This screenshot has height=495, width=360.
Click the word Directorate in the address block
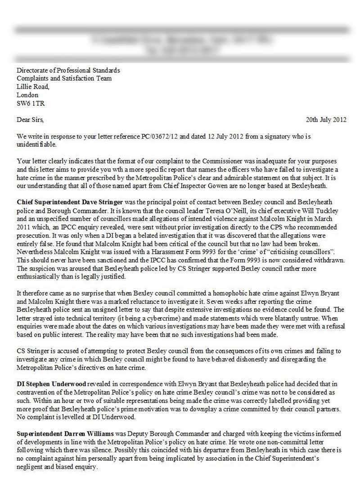point(33,70)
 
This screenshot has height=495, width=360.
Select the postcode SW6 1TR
point(31,103)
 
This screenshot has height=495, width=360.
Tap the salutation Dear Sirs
point(30,120)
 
